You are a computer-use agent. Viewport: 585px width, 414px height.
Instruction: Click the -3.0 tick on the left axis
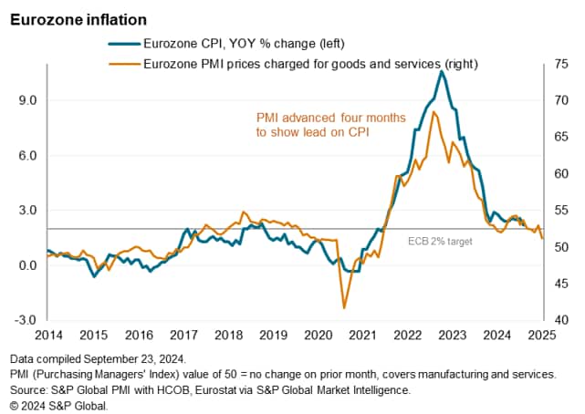pos(24,320)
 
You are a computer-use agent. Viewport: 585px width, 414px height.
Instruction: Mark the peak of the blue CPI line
pos(442,71)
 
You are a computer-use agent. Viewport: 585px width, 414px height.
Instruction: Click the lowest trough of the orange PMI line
pos(344,308)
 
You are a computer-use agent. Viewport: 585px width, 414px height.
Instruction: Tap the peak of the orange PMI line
pos(433,111)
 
